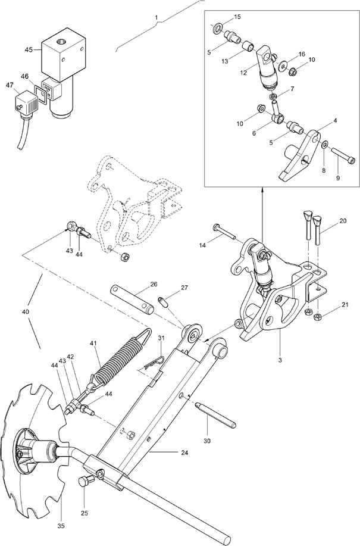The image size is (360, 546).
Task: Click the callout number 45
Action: pos(29,49)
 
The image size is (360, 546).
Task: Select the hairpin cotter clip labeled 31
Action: pos(153,361)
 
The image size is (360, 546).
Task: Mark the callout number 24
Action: pos(184,453)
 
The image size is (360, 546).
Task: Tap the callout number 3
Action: pos(280,360)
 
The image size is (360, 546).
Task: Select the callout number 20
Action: pos(343,221)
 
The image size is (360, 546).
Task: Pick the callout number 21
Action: pos(345,305)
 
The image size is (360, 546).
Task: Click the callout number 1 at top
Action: pos(156,17)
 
